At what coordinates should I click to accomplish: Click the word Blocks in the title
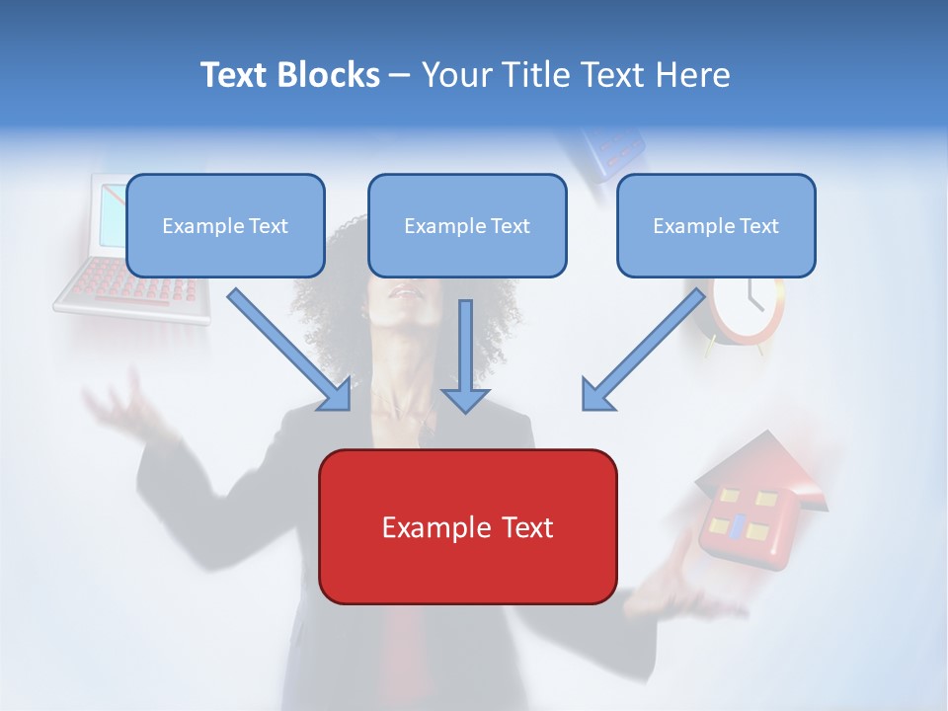[x=330, y=75]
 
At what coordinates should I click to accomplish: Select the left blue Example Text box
[x=225, y=225]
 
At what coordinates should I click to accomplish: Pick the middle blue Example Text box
[x=467, y=225]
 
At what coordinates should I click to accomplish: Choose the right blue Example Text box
[x=716, y=225]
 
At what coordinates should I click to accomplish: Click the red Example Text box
[x=467, y=526]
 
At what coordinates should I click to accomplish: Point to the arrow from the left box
[x=290, y=350]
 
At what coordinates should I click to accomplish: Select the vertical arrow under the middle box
[x=465, y=355]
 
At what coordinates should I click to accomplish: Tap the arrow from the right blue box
[x=644, y=350]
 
